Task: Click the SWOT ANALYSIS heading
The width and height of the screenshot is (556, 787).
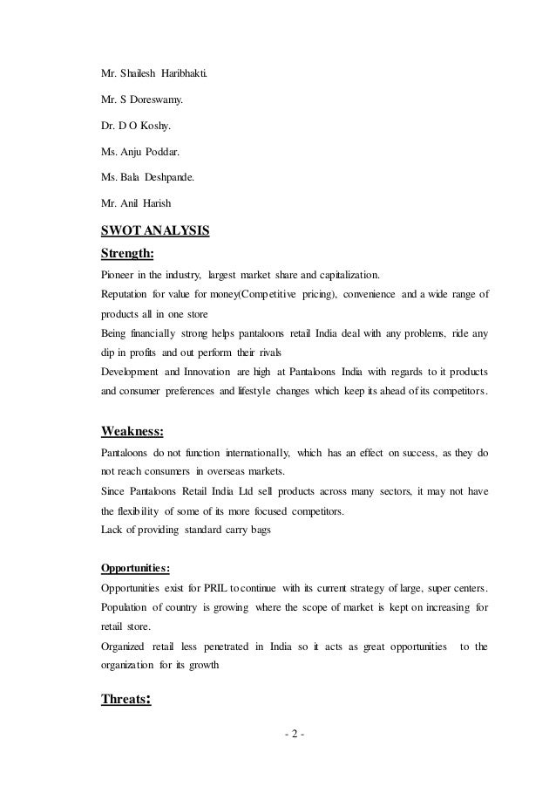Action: (x=156, y=233)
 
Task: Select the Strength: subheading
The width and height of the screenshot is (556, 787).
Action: (x=128, y=254)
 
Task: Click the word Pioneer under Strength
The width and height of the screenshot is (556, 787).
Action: (x=119, y=276)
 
